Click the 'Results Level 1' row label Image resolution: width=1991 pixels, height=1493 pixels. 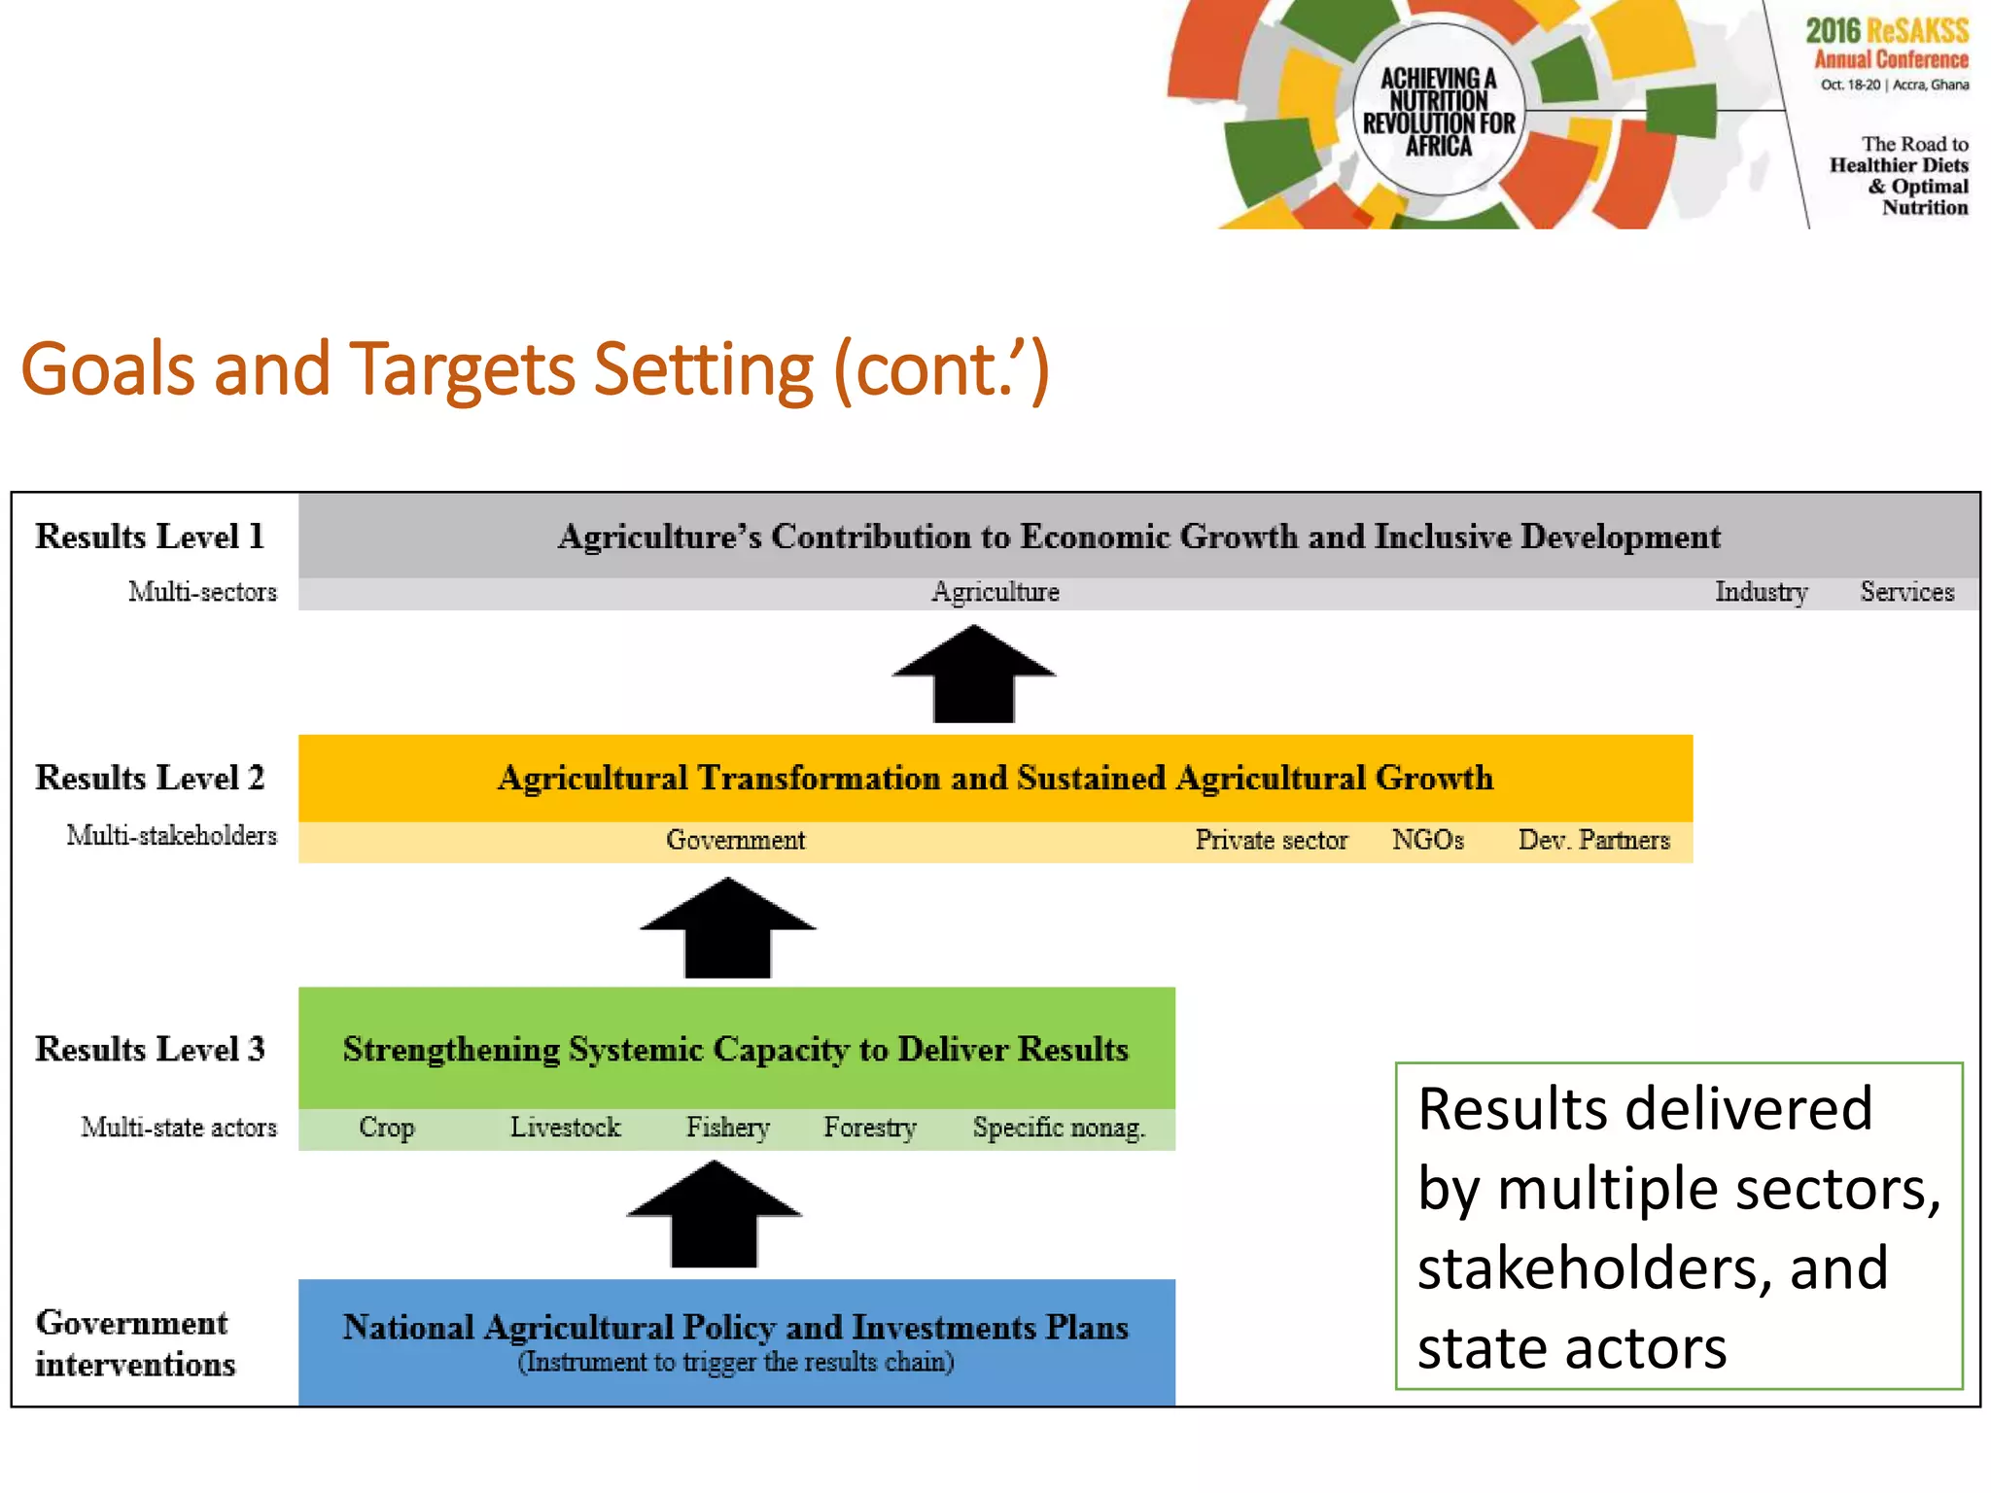[x=150, y=537]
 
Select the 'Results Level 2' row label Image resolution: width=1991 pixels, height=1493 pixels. [x=150, y=778]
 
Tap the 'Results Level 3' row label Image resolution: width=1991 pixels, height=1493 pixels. [x=150, y=1049]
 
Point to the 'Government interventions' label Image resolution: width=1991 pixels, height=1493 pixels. [x=135, y=1343]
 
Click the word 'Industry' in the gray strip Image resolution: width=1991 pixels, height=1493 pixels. [x=1761, y=592]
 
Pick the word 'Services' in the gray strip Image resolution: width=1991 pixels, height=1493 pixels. [x=1906, y=592]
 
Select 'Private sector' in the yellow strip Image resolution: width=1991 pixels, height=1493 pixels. [x=1271, y=840]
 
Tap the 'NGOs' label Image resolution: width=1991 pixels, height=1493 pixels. [x=1427, y=840]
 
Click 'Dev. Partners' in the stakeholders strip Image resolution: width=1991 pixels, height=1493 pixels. [x=1593, y=840]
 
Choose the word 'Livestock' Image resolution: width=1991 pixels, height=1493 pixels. [x=565, y=1128]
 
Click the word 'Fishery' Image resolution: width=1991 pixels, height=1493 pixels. [x=727, y=1128]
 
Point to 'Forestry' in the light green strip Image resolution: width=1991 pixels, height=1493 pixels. [x=870, y=1128]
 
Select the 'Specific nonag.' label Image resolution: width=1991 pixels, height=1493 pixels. [x=1059, y=1128]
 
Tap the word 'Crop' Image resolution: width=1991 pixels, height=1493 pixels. [x=386, y=1128]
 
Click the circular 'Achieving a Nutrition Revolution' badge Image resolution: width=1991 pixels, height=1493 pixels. [x=1438, y=112]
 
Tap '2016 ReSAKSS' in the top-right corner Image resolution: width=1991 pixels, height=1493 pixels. [x=1887, y=31]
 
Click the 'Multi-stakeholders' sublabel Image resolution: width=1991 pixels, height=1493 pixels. [x=171, y=835]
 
